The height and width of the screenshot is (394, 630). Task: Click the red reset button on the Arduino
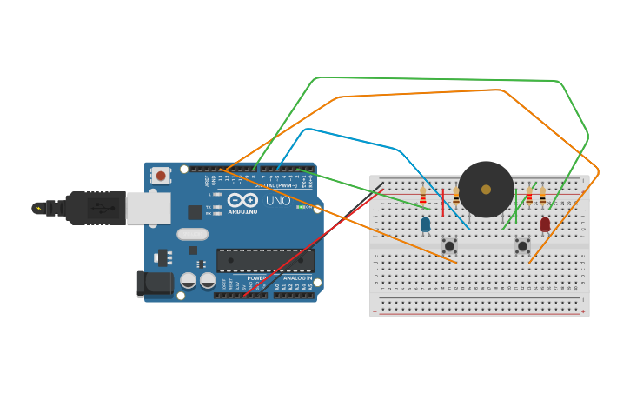(x=161, y=176)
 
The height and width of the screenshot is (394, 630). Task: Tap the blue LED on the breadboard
(x=425, y=224)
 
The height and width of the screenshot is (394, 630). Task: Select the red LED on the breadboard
(x=545, y=224)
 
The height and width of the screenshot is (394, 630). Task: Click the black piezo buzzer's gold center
(x=486, y=190)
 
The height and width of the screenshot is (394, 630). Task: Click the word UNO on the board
(x=278, y=200)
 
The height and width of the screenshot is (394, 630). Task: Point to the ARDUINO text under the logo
(x=242, y=211)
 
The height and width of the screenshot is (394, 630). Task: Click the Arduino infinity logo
(x=242, y=200)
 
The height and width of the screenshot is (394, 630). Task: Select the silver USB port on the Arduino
(x=148, y=209)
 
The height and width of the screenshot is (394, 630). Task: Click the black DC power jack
(x=154, y=283)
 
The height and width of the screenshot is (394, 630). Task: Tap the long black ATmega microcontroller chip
(x=265, y=260)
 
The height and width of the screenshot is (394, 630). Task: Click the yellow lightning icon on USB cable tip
(x=38, y=209)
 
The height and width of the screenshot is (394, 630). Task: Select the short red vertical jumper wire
(x=443, y=202)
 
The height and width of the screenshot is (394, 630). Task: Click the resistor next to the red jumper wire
(x=455, y=197)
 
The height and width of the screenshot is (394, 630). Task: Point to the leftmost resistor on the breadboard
(x=423, y=197)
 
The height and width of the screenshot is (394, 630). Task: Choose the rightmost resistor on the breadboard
(x=542, y=197)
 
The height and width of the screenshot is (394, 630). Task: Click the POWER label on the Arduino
(x=256, y=278)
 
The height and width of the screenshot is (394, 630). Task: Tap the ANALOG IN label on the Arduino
(x=297, y=278)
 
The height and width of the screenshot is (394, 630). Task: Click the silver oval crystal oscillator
(x=192, y=233)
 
